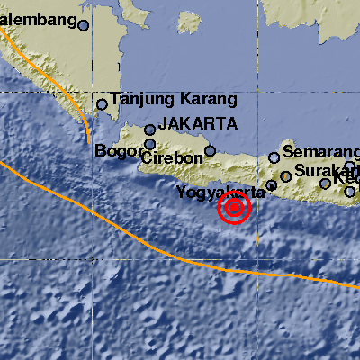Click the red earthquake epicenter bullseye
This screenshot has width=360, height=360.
[235, 209]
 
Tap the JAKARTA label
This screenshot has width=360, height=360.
[198, 124]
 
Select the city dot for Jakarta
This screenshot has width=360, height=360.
[149, 130]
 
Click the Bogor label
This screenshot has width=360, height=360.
[114, 151]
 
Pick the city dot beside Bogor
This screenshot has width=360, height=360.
[149, 143]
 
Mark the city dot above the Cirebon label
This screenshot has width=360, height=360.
[210, 151]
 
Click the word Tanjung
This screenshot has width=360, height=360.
[139, 100]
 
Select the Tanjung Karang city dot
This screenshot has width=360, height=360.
[102, 104]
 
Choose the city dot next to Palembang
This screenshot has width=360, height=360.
[83, 26]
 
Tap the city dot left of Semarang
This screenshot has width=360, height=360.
[274, 157]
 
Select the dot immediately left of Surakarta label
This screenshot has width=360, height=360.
[285, 176]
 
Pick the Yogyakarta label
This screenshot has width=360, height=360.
[221, 193]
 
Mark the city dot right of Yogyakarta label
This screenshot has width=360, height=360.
[271, 185]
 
